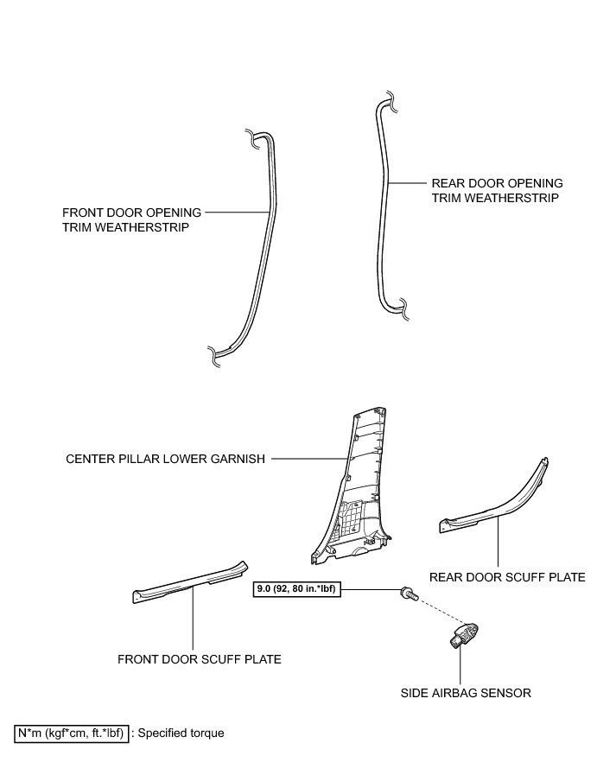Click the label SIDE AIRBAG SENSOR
[x=465, y=693]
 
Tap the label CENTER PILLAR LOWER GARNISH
[x=164, y=459]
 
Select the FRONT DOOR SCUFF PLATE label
[x=200, y=659]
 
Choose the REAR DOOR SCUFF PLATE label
[x=507, y=577]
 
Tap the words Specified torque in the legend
[x=181, y=733]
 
